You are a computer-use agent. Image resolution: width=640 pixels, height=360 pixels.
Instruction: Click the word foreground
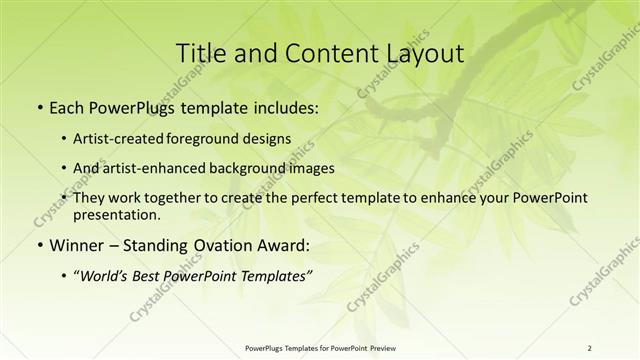(x=211, y=139)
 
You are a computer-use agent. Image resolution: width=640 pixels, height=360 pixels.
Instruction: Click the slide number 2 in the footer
(x=589, y=348)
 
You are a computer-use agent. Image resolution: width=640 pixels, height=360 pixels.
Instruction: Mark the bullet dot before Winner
(x=38, y=245)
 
